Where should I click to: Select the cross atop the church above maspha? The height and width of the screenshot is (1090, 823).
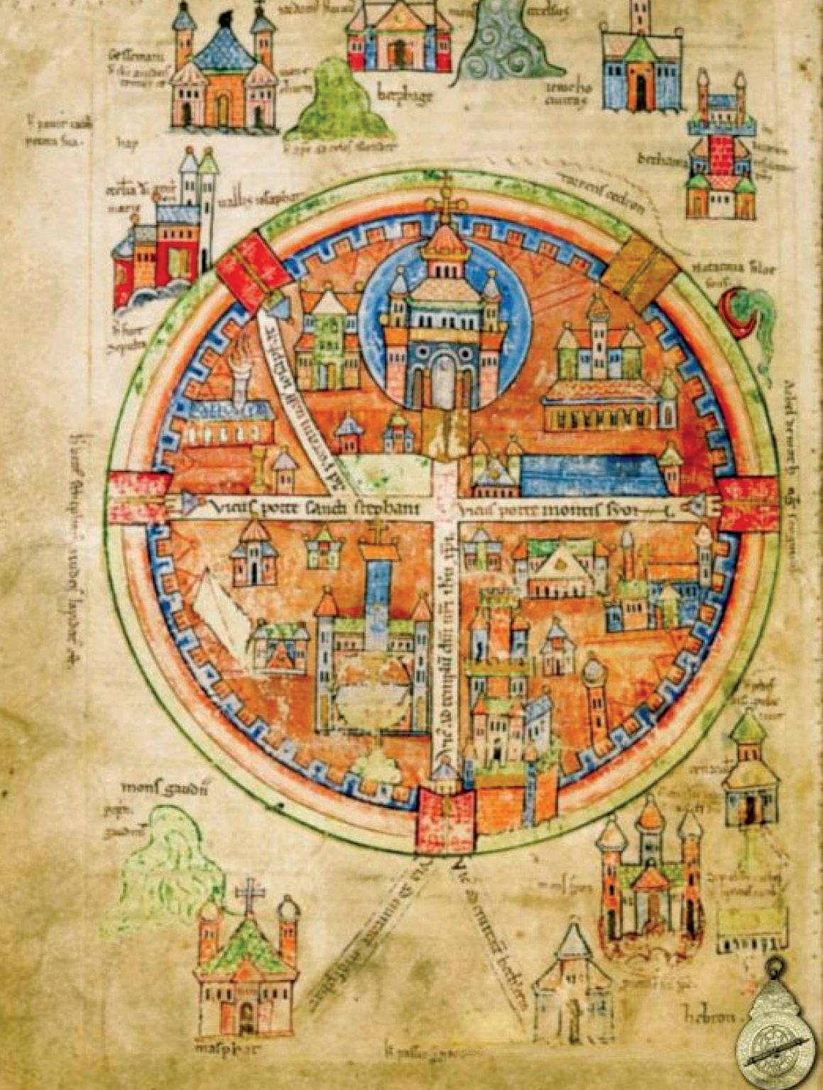coord(250,895)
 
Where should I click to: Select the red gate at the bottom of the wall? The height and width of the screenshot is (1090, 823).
coord(445,822)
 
